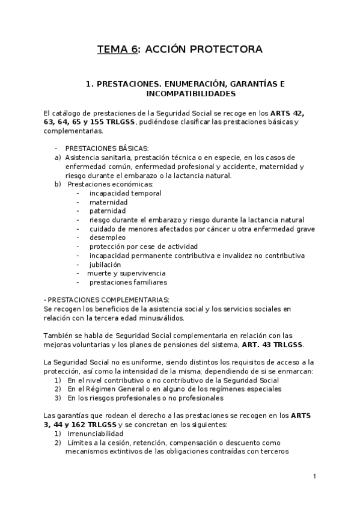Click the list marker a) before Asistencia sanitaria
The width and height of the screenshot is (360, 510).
(x=58, y=158)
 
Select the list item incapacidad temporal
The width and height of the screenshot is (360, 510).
(x=125, y=193)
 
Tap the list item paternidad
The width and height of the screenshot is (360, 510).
(x=108, y=211)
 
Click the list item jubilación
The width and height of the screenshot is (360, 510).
(x=105, y=264)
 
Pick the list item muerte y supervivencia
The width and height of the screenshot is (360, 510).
(x=121, y=273)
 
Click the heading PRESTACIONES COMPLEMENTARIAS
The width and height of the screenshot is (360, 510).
(x=108, y=300)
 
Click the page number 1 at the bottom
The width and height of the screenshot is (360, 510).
(x=314, y=477)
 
